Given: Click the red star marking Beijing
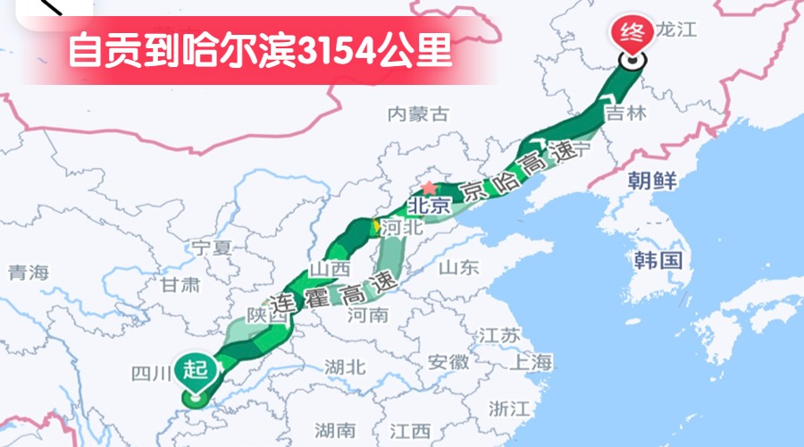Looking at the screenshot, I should pos(430,188).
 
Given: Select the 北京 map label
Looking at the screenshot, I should pos(425,205).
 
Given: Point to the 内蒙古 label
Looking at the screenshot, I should pos(417,114).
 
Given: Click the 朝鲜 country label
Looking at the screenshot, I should pos(651,179).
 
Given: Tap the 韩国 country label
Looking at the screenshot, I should pos(658,260).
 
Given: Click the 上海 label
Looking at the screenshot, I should pos(532,361).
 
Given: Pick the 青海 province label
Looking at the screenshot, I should pos(28,273).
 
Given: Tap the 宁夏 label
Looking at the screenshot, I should pos(212,247).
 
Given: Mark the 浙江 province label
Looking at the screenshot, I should pos(510,408).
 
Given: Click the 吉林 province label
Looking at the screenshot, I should pos(624,114).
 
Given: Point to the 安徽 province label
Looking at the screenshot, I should pos(448,362).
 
